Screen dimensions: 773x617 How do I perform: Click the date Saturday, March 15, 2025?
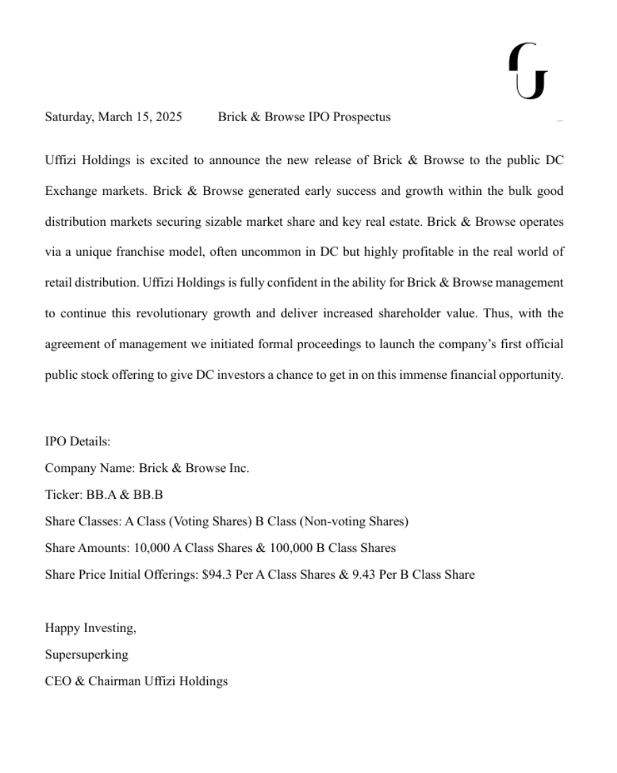[x=114, y=117]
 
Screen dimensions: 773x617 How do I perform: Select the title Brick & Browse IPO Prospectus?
[x=304, y=117]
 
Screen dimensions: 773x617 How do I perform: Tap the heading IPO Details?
[x=73, y=442]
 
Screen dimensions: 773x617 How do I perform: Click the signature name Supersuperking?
[x=86, y=655]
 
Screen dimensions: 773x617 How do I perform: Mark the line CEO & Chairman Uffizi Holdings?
[x=136, y=681]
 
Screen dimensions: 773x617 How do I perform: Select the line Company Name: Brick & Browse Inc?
[x=147, y=469]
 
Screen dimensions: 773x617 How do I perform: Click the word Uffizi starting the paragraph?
[x=61, y=161]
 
